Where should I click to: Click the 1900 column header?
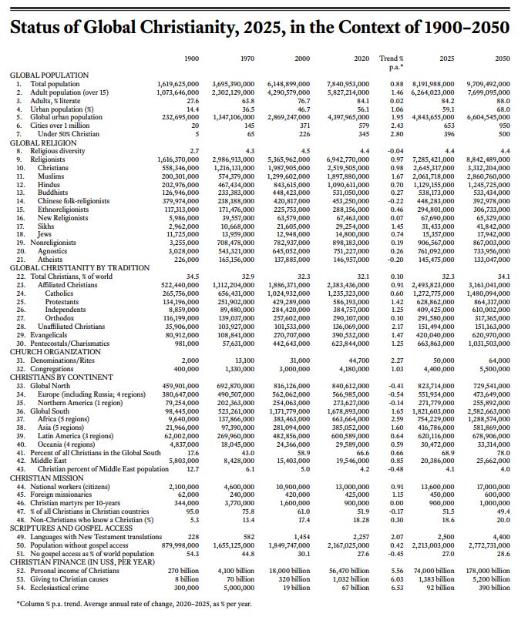coord(192,59)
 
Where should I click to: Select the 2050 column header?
coord(502,59)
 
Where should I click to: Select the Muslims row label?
coord(52,176)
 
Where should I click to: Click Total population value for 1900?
coord(178,82)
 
